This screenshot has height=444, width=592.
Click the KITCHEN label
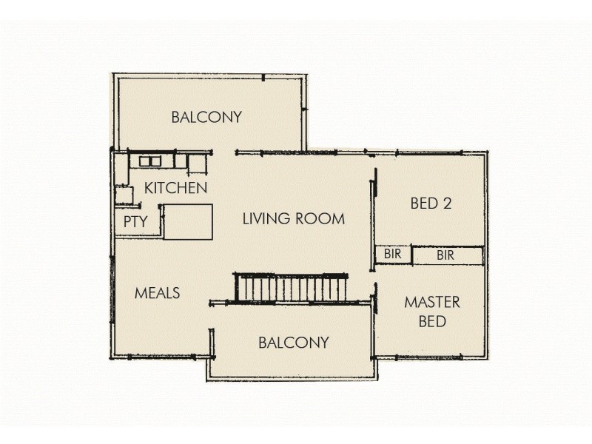click(175, 188)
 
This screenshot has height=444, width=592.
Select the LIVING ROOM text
click(294, 218)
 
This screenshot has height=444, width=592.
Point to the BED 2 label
click(431, 203)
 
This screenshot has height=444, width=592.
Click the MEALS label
click(157, 293)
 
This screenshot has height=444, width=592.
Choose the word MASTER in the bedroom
click(432, 302)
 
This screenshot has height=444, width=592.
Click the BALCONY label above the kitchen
click(206, 117)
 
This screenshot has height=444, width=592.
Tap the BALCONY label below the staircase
click(293, 343)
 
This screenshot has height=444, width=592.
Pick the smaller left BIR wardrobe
click(392, 255)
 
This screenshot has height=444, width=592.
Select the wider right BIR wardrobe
click(446, 255)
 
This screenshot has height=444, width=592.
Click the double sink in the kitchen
click(151, 161)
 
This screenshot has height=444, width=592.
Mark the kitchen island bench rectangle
click(187, 222)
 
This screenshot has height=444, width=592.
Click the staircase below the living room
click(292, 287)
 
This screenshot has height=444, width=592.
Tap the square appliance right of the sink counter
click(196, 161)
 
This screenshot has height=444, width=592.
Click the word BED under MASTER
click(432, 322)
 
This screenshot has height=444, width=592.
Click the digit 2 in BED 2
click(446, 203)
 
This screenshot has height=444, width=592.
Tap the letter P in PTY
click(127, 221)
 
